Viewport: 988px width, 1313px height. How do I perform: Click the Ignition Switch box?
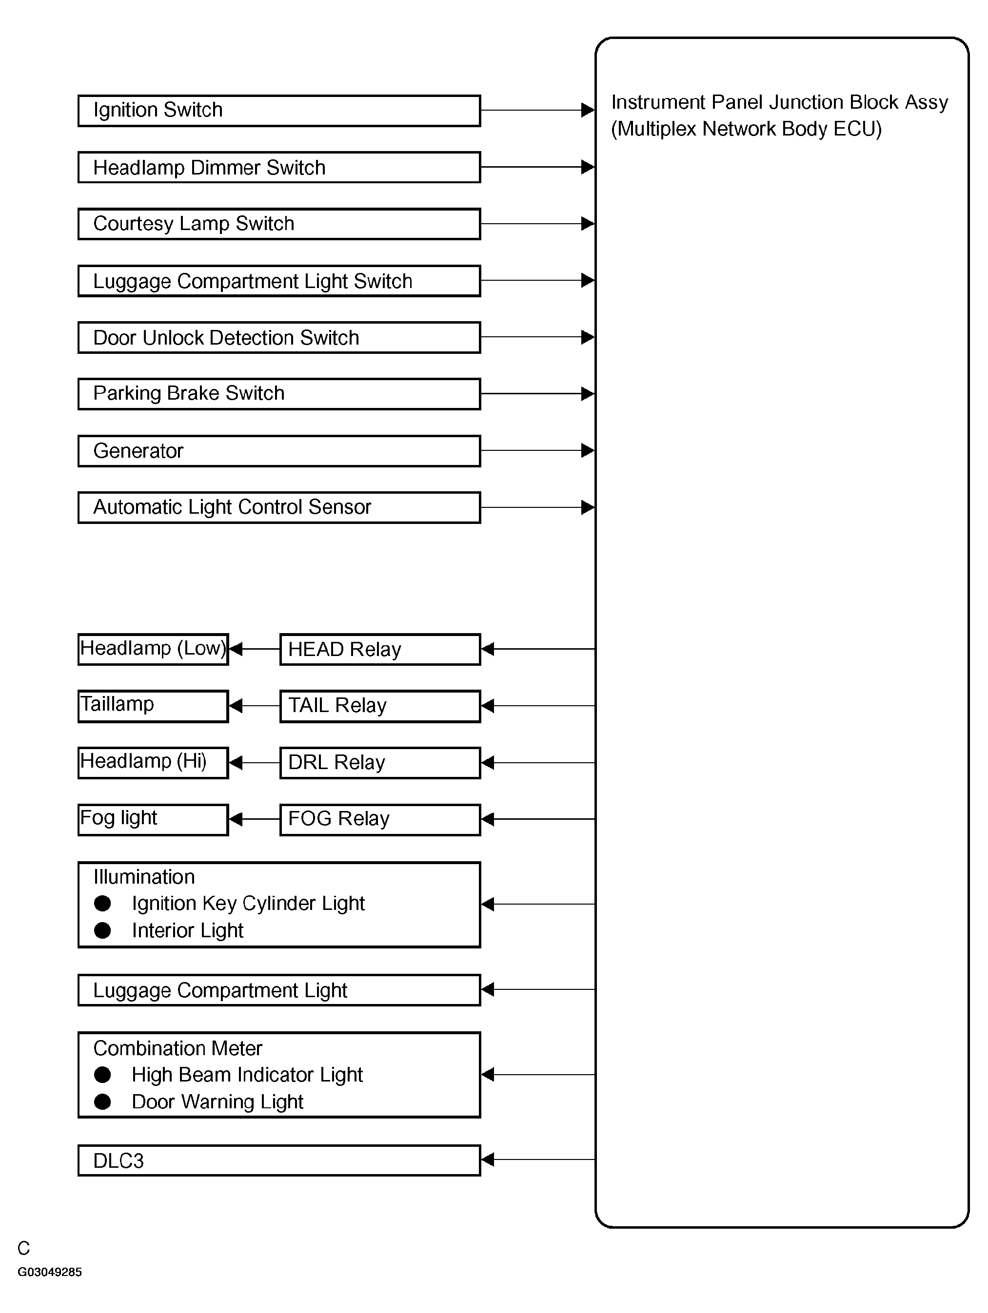pyautogui.click(x=279, y=111)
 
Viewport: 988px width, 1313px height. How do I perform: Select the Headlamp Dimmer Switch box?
pyautogui.click(x=279, y=167)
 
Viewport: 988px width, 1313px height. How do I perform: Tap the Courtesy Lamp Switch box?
pyautogui.click(x=279, y=224)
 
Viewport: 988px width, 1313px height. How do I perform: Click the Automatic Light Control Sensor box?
pyautogui.click(x=279, y=507)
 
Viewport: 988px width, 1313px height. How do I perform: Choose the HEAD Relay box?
pyautogui.click(x=380, y=649)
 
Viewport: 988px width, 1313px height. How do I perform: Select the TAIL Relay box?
pyautogui.click(x=380, y=706)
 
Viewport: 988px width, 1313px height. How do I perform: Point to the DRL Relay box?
pyautogui.click(x=380, y=763)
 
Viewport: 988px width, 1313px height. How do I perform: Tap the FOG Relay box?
pyautogui.click(x=380, y=819)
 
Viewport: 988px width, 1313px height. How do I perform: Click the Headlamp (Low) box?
pyautogui.click(x=153, y=649)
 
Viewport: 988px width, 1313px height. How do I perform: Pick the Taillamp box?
pyautogui.click(x=153, y=706)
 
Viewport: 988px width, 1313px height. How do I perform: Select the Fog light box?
pyautogui.click(x=153, y=819)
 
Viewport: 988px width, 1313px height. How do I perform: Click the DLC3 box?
pyautogui.click(x=279, y=1160)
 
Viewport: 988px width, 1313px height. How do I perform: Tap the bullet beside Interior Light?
pyautogui.click(x=102, y=930)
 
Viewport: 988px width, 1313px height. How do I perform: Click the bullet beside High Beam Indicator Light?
pyautogui.click(x=102, y=1074)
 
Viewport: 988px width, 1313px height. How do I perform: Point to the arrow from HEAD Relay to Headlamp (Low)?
pyautogui.click(x=254, y=649)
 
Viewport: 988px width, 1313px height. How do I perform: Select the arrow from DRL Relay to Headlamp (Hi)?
pyautogui.click(x=254, y=763)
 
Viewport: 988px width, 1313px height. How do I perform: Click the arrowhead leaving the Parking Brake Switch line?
pyautogui.click(x=587, y=393)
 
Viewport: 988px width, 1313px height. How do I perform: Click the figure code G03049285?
pyautogui.click(x=50, y=1272)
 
